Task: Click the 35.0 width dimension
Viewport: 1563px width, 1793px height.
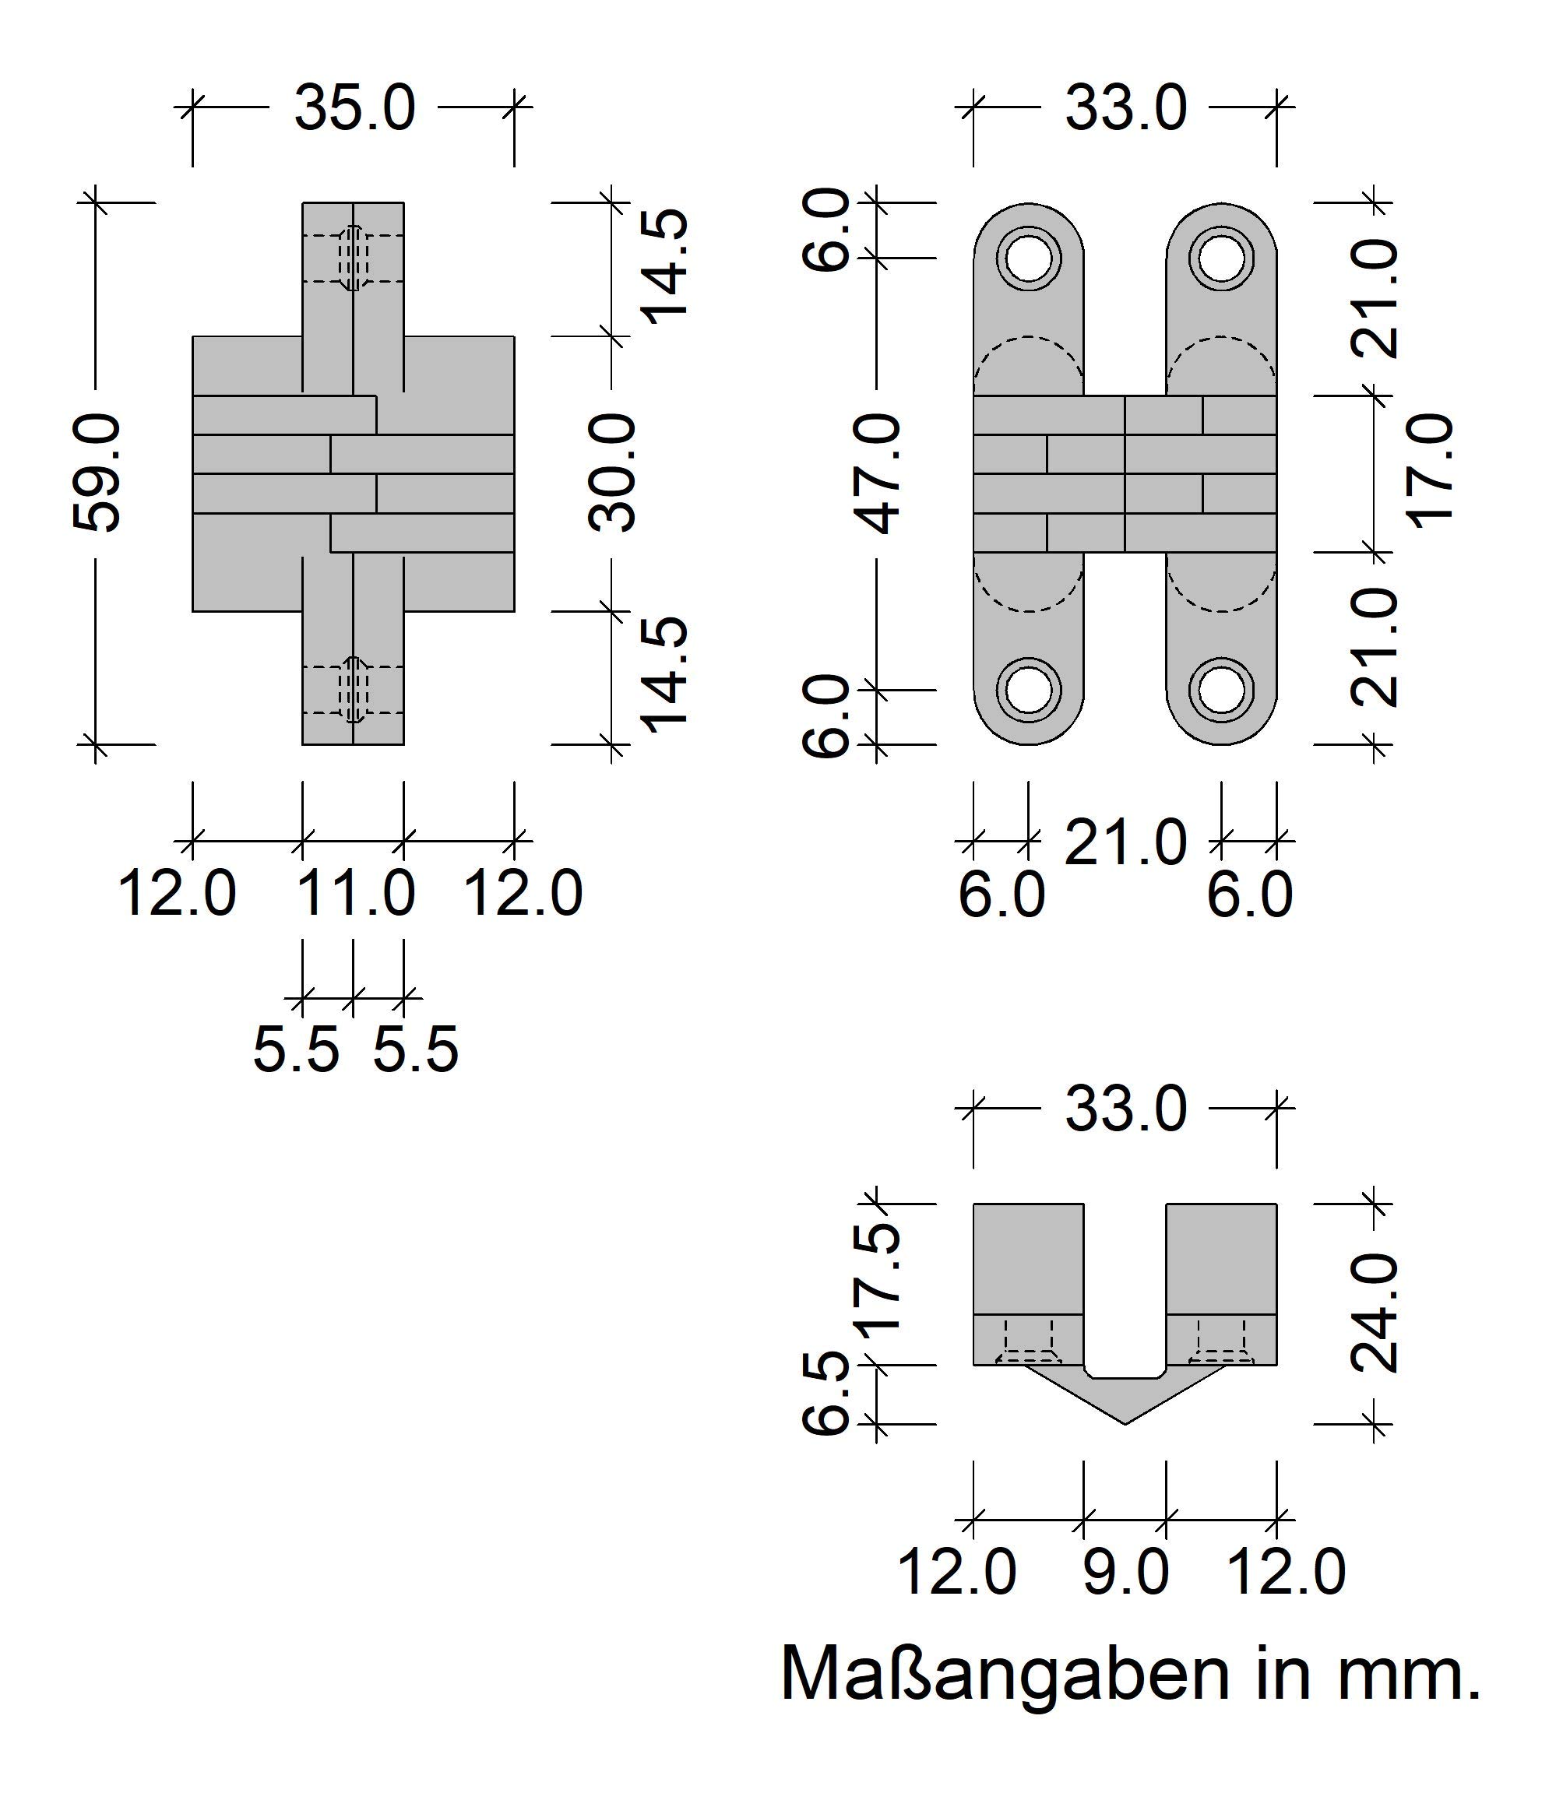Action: click(x=354, y=108)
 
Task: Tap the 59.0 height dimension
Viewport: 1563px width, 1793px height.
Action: click(x=96, y=473)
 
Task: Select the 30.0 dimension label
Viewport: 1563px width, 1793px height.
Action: click(x=611, y=473)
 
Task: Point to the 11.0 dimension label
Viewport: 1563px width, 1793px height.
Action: click(x=356, y=893)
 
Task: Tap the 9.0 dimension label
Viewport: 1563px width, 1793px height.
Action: click(x=1125, y=1573)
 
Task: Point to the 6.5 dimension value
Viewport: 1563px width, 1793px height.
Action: click(x=825, y=1393)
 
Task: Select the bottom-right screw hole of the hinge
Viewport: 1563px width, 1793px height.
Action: click(x=1221, y=690)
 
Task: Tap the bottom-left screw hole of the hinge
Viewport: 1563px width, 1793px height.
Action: click(x=1030, y=690)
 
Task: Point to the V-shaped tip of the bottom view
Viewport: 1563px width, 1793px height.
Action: click(x=1125, y=1424)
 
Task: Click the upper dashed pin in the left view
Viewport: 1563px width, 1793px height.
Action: click(x=354, y=258)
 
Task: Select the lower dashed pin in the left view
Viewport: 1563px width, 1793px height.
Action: click(x=354, y=690)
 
